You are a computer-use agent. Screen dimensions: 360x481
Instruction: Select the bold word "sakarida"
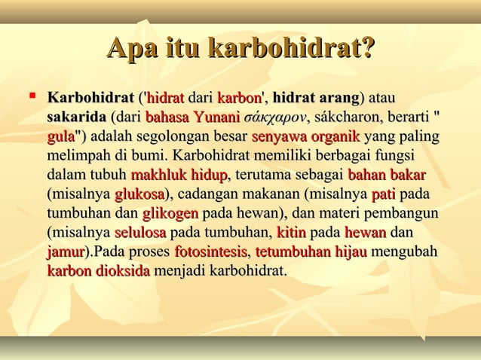tap(76, 117)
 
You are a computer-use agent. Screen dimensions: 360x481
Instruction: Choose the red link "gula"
tap(60, 138)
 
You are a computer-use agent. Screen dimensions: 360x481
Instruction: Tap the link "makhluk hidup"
tap(179, 176)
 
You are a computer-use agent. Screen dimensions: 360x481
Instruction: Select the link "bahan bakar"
tap(387, 176)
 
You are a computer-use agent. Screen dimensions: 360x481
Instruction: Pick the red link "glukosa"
tap(139, 195)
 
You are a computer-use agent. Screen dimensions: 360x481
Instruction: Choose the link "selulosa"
tap(141, 233)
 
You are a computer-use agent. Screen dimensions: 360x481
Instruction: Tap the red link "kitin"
tap(291, 233)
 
